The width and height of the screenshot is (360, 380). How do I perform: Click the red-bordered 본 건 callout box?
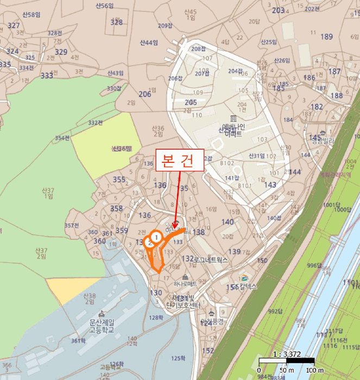pos(179,161)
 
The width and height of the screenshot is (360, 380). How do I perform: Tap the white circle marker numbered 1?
pos(156,237)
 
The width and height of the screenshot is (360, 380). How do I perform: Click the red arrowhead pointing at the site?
pos(175,224)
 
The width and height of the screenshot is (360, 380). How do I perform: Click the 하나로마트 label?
pos(182,283)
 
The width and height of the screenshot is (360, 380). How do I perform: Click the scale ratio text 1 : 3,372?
pos(287,354)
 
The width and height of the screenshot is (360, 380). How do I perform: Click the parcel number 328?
pos(117,22)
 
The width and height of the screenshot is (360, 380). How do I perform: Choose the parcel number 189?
pos(326,36)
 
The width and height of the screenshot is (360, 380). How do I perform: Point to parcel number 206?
pos(144,94)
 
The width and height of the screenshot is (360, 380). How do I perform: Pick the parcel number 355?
pos(118,180)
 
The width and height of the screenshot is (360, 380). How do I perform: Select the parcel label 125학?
pos(178,358)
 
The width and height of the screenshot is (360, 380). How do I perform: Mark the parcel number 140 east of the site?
pos(228,221)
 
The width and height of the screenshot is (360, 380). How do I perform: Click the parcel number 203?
pos(278,10)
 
